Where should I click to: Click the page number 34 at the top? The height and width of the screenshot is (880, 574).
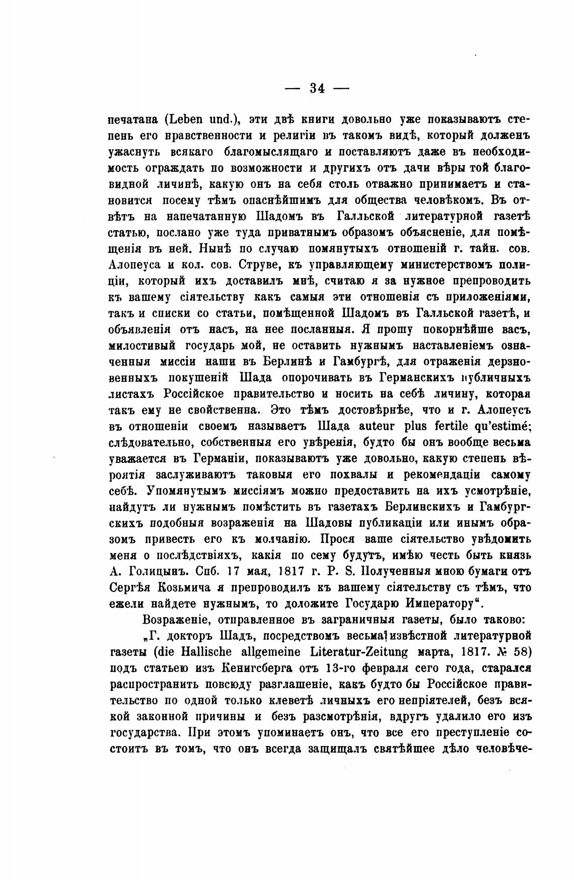[317, 89]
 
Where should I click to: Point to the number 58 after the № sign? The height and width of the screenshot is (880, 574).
[521, 652]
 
